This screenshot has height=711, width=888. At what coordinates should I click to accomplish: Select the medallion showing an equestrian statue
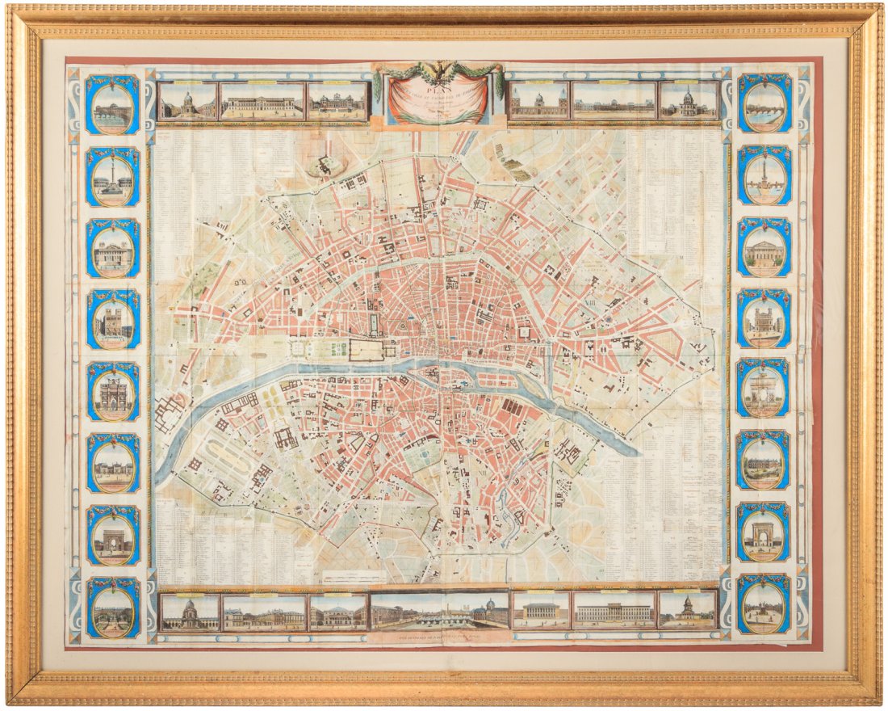(763, 605)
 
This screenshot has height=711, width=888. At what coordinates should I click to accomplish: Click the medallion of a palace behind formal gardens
(113, 605)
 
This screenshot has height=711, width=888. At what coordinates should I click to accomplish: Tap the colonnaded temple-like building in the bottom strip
(541, 612)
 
